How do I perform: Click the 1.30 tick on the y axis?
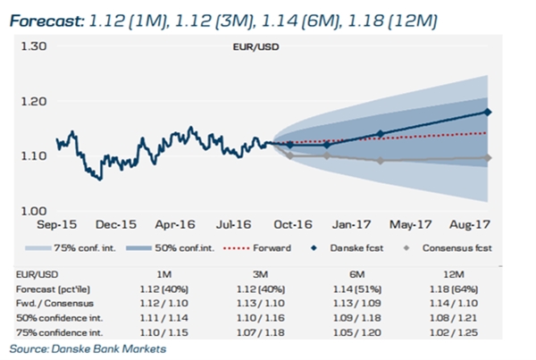click(x=34, y=46)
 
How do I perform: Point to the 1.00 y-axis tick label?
click(x=34, y=211)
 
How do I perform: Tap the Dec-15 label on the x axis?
click(x=116, y=224)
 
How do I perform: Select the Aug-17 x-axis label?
click(x=470, y=224)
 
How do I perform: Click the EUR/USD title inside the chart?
click(x=256, y=46)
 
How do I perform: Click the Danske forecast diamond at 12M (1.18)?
click(x=488, y=113)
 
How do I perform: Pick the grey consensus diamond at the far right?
click(x=488, y=157)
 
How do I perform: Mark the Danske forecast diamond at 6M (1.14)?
click(x=381, y=134)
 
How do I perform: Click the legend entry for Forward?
click(x=257, y=247)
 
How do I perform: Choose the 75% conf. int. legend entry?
click(x=71, y=247)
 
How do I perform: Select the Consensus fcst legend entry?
click(x=448, y=247)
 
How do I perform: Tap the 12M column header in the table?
click(x=454, y=274)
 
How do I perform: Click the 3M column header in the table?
click(x=261, y=274)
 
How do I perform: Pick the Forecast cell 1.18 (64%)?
click(x=454, y=289)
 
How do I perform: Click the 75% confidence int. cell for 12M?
click(x=454, y=332)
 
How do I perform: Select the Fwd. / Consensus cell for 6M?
click(x=357, y=303)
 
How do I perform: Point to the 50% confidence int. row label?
click(x=60, y=318)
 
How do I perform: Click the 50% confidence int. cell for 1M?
click(x=164, y=318)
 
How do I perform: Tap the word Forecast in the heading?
click(x=46, y=21)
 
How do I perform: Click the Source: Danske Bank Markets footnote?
click(x=88, y=349)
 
